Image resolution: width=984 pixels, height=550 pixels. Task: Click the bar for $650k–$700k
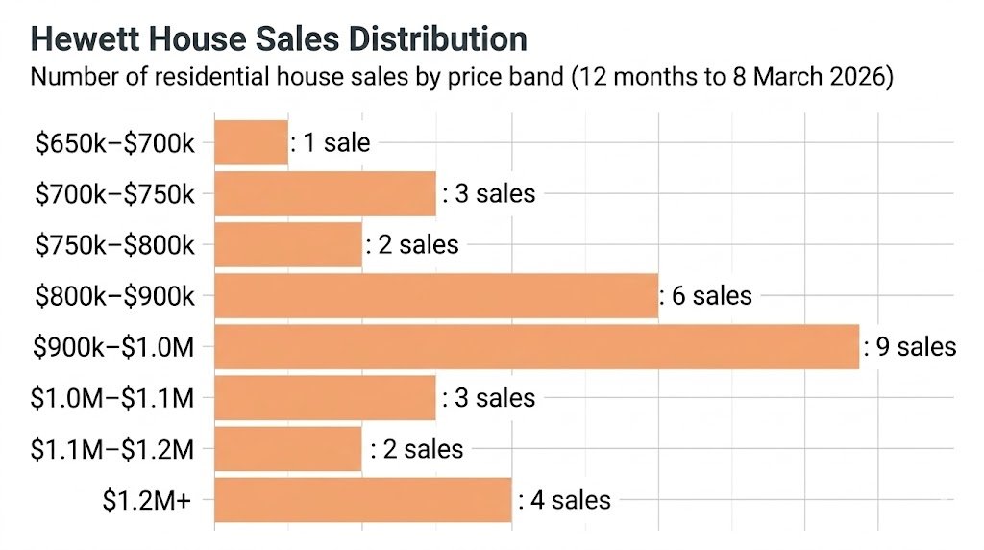tap(251, 142)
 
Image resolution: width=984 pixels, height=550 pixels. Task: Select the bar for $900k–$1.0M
tap(536, 346)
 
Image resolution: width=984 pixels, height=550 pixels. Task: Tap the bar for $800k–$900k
tap(436, 295)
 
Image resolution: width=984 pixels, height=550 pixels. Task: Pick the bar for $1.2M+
tap(362, 499)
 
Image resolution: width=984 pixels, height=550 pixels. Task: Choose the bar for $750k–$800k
tap(288, 244)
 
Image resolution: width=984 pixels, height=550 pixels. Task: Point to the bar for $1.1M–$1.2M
tap(288, 448)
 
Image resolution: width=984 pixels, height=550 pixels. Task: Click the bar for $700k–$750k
tap(325, 193)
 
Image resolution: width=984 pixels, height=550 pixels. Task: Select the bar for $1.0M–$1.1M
tap(325, 397)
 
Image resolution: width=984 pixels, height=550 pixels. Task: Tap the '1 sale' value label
tap(332, 142)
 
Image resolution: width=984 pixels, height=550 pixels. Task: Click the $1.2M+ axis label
tap(152, 499)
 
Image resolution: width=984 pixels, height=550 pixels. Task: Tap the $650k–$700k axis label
tap(114, 142)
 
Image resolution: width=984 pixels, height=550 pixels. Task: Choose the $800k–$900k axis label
tap(114, 295)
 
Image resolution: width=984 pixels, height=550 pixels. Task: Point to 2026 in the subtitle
tap(862, 77)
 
